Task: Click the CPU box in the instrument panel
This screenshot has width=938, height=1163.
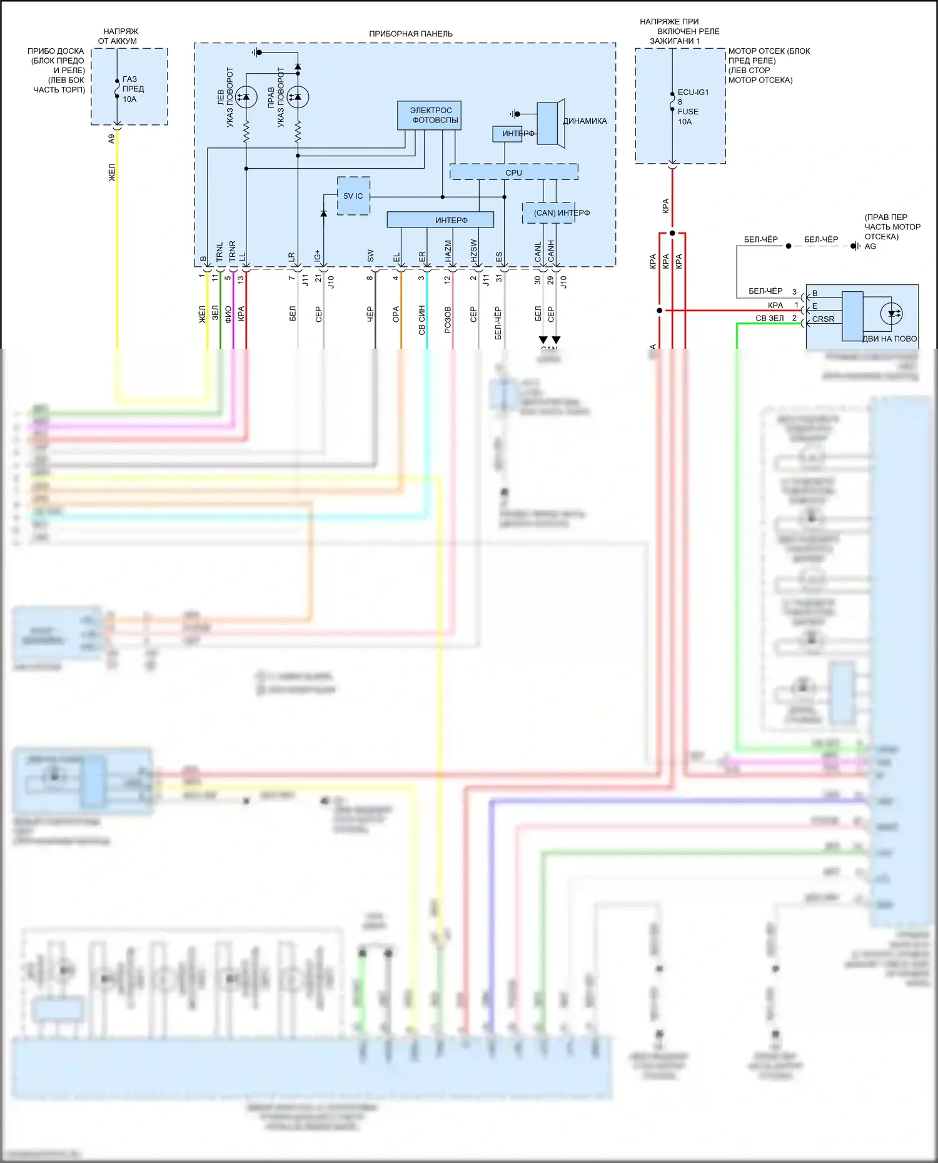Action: coord(513,172)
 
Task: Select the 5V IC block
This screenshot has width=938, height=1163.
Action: coord(353,196)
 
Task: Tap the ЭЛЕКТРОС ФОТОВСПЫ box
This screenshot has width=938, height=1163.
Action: coord(430,116)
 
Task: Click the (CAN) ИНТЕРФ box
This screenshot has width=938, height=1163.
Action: coord(549,213)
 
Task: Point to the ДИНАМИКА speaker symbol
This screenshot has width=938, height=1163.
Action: coord(550,123)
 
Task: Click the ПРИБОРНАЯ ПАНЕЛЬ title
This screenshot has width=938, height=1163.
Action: coord(411,34)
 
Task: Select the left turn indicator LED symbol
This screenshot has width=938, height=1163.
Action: coord(246,97)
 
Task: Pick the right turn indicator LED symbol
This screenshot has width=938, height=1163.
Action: coord(298,97)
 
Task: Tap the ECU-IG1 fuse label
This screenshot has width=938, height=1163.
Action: coord(693,92)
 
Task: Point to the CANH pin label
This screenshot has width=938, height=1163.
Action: coord(551,251)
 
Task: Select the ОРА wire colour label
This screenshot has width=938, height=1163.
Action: coord(396,314)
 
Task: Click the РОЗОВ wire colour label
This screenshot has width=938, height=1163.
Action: coord(448,319)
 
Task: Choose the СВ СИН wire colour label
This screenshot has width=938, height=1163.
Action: coord(422,320)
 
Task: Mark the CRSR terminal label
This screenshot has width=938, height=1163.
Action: coord(823,319)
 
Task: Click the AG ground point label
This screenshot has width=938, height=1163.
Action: coord(870,246)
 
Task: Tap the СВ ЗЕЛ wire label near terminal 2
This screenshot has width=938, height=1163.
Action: coord(769,318)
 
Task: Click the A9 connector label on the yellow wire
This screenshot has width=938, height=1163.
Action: coord(112,139)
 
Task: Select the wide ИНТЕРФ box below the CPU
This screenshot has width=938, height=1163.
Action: coord(440,220)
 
